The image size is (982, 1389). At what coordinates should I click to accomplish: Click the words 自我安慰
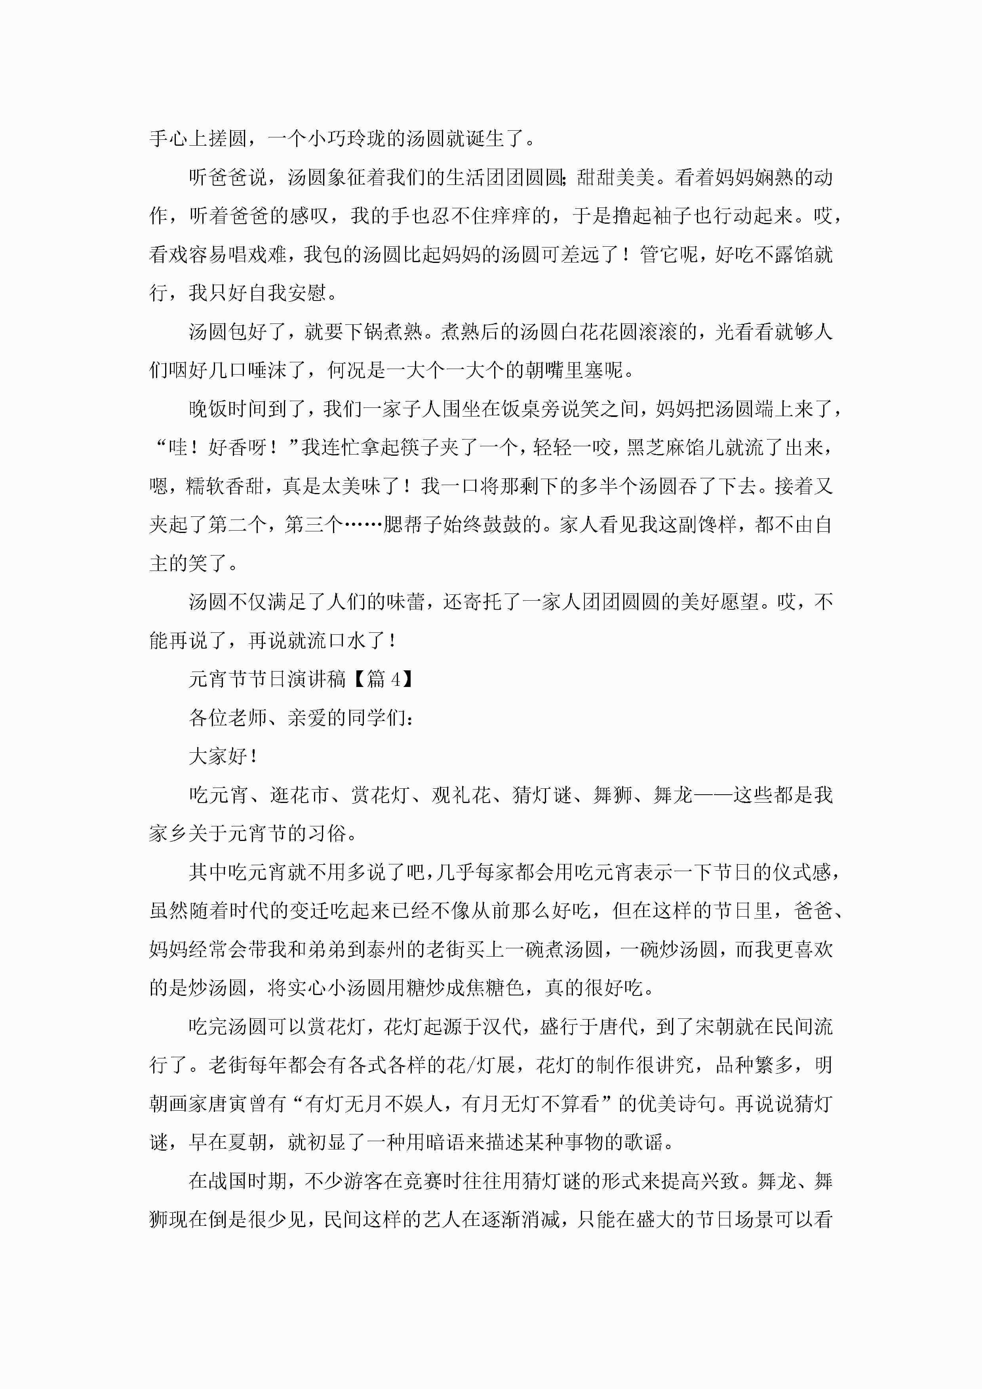click(x=287, y=293)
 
